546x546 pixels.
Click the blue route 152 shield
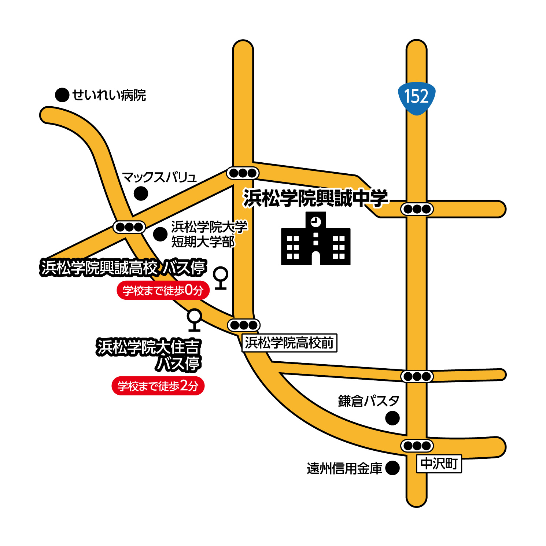pyautogui.click(x=417, y=97)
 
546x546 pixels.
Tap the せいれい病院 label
pyautogui.click(x=109, y=95)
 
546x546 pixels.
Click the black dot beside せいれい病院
pyautogui.click(x=62, y=95)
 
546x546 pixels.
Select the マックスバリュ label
pyautogui.click(x=159, y=177)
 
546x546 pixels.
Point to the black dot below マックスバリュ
pyautogui.click(x=141, y=193)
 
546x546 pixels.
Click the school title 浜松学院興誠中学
pyautogui.click(x=315, y=198)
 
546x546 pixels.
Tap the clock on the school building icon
pyautogui.click(x=316, y=221)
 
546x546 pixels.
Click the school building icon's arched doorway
pyautogui.click(x=316, y=257)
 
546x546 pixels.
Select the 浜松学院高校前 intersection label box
pyautogui.click(x=289, y=343)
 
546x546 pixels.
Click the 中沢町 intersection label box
pyautogui.click(x=439, y=464)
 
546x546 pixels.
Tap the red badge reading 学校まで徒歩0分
pyautogui.click(x=163, y=291)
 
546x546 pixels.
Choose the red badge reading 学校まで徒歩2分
pyautogui.click(x=158, y=386)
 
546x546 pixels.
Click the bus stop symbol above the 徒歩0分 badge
pyautogui.click(x=221, y=277)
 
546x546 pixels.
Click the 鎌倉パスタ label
pyautogui.click(x=368, y=401)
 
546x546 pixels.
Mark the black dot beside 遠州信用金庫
pyautogui.click(x=392, y=468)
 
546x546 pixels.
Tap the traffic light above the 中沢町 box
pyautogui.click(x=417, y=446)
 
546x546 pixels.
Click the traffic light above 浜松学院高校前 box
pyautogui.click(x=244, y=325)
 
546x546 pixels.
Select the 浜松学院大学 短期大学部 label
pyautogui.click(x=209, y=234)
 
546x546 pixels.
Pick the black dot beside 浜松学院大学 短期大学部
pyautogui.click(x=160, y=234)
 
